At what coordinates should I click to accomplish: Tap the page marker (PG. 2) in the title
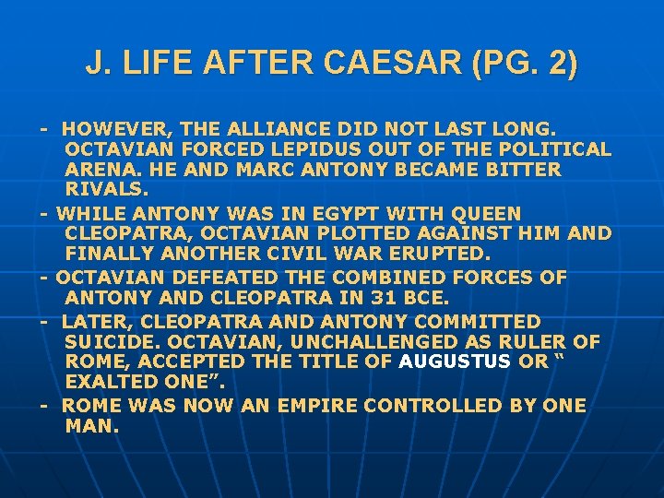[525, 64]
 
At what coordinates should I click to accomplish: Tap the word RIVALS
[107, 190]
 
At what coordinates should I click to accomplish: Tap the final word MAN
[92, 426]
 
